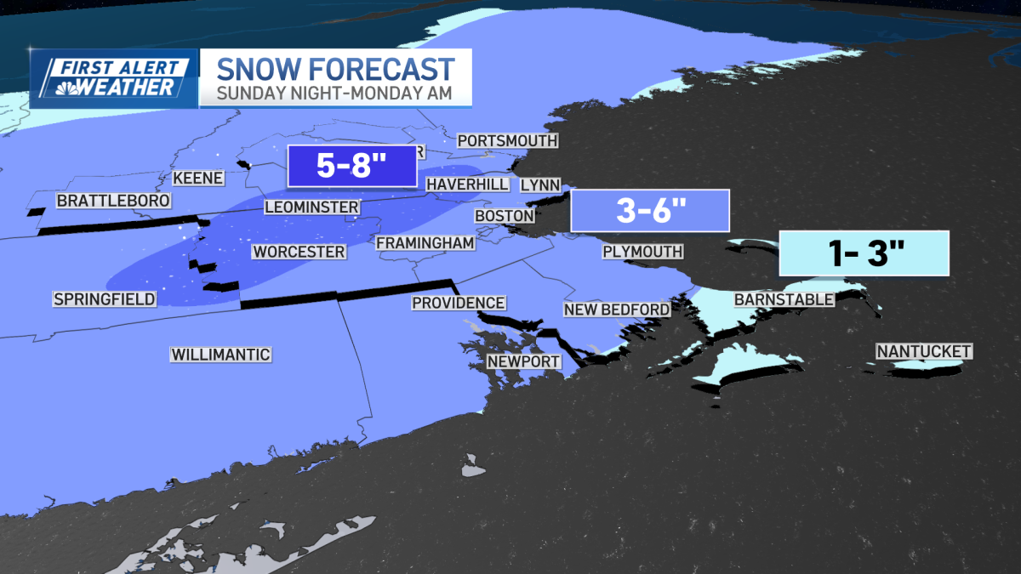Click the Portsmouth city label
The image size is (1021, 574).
507,140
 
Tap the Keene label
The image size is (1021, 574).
197,179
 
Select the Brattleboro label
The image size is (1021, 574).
113,201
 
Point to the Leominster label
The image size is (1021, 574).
311,207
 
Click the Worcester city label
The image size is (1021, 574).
299,252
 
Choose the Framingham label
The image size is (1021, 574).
425,242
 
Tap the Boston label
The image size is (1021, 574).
504,216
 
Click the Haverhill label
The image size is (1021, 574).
467,184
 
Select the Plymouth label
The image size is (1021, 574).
642,251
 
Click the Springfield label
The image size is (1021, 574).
104,298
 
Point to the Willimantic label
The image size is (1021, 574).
220,355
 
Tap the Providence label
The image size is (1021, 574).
459,303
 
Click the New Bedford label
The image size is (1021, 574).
617,310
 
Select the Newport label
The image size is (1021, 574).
524,361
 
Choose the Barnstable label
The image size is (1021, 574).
784,299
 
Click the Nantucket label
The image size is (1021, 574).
924,351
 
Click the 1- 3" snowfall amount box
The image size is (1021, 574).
864,253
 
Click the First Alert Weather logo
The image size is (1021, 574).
114,78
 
